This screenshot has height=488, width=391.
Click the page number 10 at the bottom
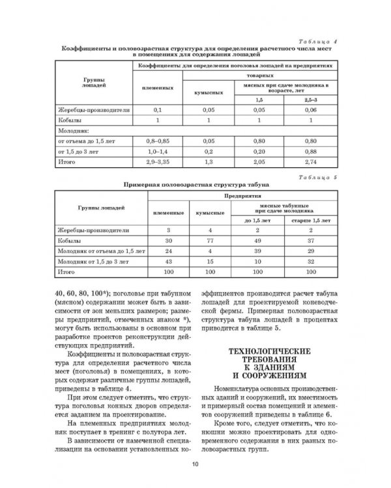point(195,463)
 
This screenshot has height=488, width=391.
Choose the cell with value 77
point(209,240)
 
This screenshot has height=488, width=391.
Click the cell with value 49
point(257,240)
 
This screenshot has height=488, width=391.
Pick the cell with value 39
point(257,251)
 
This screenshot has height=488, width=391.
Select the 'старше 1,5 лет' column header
point(309,220)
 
